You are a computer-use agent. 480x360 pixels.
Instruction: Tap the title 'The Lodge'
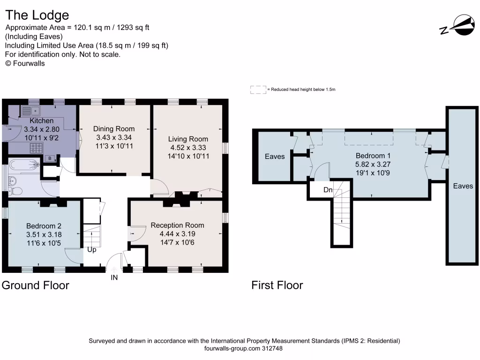coord(37,15)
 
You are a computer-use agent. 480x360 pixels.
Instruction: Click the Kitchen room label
coord(42,120)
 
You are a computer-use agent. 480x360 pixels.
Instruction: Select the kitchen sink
coord(30,111)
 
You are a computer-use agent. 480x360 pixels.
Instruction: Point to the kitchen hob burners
coord(36,148)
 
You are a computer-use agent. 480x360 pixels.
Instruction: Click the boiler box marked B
coord(50,158)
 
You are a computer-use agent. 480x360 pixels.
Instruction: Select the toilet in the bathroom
coord(15,191)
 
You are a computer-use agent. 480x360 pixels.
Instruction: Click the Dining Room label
coord(114,129)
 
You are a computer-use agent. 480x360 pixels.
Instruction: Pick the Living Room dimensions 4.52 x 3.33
coord(188,148)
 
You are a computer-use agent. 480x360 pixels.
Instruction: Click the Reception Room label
coord(177,225)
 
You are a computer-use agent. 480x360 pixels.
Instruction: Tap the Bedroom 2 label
coord(44,226)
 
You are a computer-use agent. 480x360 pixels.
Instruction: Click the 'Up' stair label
coord(92,250)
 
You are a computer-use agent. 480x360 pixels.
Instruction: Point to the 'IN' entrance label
coord(114,277)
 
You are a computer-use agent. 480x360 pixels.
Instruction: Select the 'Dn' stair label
coord(328,190)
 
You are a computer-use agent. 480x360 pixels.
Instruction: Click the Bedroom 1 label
coord(373,156)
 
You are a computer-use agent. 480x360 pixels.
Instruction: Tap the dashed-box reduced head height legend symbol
coord(258,90)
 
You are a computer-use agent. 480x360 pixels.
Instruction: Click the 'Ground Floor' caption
coord(36,285)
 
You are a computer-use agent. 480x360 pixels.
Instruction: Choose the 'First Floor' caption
coord(277,285)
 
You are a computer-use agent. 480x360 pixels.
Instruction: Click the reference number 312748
coord(272,348)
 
